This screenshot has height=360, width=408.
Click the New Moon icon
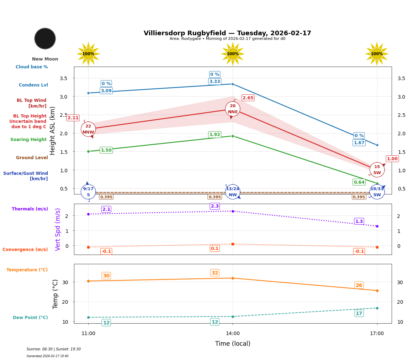click(x=45, y=38)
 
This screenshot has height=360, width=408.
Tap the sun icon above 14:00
click(x=233, y=54)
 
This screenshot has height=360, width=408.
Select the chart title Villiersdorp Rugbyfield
click(x=227, y=33)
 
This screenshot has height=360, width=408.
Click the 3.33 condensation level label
click(x=214, y=82)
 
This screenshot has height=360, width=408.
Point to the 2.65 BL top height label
click(x=248, y=98)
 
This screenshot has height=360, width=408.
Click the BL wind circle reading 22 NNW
click(x=88, y=129)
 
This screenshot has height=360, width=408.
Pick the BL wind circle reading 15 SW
click(x=377, y=170)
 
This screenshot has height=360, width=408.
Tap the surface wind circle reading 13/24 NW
click(x=233, y=192)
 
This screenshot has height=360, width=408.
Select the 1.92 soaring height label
click(x=214, y=135)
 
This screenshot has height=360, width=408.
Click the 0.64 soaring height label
click(x=359, y=182)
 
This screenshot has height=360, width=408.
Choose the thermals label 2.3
click(x=215, y=206)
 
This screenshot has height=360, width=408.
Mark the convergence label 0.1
click(x=214, y=249)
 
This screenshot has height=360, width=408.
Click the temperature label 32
click(x=215, y=273)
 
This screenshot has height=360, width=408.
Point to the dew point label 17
click(x=359, y=313)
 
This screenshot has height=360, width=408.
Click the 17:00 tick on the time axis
click(x=377, y=334)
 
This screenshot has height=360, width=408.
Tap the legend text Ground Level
click(x=32, y=158)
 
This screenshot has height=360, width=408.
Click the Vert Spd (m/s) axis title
click(x=58, y=229)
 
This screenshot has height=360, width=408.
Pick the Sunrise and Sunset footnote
click(x=54, y=349)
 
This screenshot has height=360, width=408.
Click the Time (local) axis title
click(x=233, y=344)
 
